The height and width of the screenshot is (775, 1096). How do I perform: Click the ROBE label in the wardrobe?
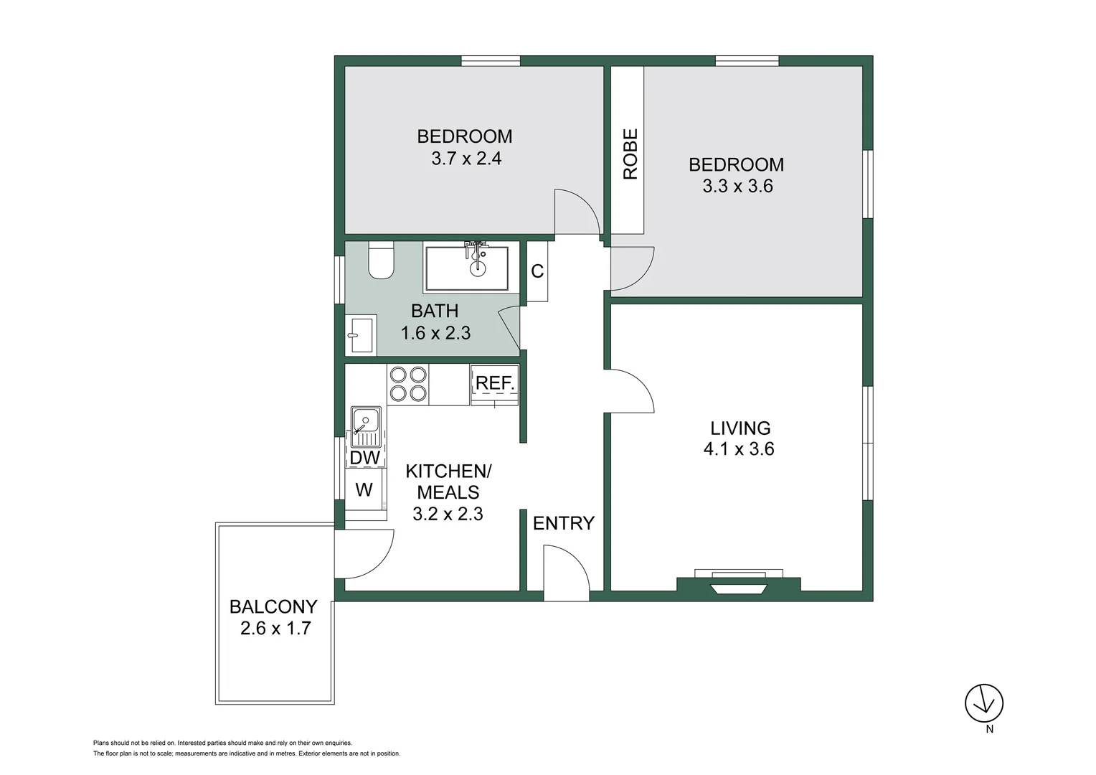[630, 154]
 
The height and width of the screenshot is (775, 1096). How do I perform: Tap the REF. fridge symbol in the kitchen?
[494, 384]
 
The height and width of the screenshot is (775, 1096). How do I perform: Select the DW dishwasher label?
[364, 457]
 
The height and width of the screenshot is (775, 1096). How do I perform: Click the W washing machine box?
[364, 490]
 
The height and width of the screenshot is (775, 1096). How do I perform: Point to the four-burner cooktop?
[408, 384]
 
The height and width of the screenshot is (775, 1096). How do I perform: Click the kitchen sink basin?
[365, 419]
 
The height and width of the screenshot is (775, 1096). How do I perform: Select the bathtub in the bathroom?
[466, 268]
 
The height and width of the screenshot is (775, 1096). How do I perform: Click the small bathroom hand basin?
[360, 335]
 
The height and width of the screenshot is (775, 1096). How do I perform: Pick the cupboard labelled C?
[537, 271]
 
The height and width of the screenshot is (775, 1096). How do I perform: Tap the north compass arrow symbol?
[983, 703]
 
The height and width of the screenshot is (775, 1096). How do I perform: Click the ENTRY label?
[563, 523]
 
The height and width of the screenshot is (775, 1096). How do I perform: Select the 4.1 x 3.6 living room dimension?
[739, 449]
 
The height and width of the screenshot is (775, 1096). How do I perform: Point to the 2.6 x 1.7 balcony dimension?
[275, 629]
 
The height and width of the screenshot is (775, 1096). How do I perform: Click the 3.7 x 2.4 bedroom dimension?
[466, 159]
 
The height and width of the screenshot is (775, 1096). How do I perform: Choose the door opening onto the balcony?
[364, 553]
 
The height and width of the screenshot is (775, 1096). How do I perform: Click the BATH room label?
[435, 311]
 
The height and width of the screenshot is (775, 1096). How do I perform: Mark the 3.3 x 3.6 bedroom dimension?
[737, 187]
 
